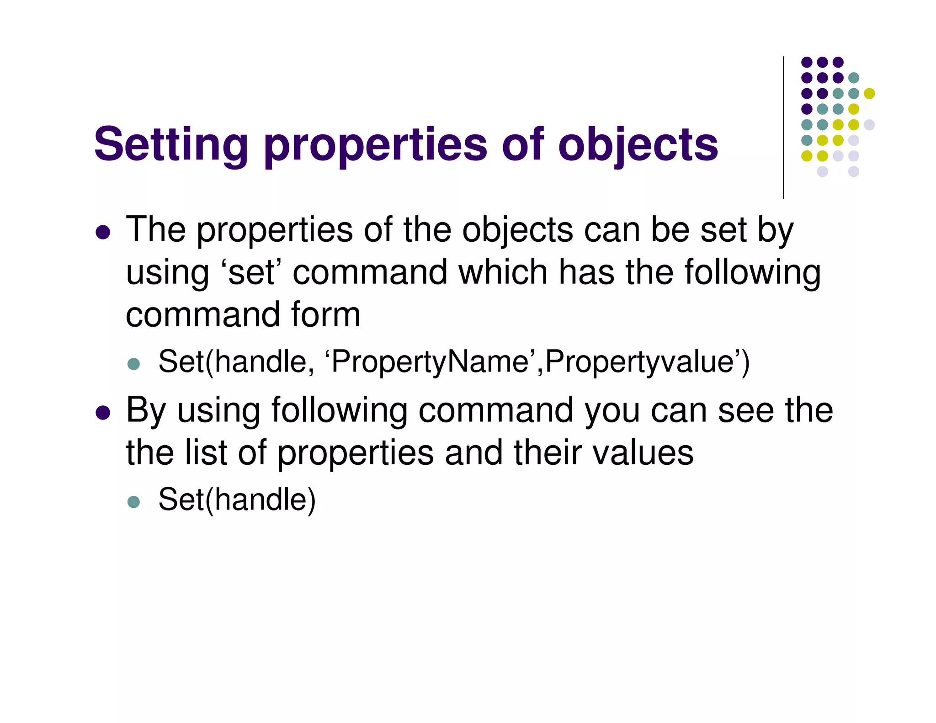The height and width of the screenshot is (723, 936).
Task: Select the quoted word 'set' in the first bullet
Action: (252, 272)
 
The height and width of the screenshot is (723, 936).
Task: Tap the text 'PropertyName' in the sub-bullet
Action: (430, 362)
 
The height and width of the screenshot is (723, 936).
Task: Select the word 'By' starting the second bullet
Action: (145, 410)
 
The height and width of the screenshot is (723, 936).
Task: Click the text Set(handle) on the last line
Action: (237, 500)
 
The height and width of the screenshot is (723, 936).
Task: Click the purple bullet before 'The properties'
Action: (103, 233)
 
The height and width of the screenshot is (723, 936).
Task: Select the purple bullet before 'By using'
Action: (103, 413)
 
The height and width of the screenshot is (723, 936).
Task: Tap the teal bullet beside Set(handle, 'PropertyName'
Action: (133, 364)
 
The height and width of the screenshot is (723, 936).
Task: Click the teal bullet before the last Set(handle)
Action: (133, 502)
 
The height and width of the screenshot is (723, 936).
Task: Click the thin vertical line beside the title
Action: (783, 128)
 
